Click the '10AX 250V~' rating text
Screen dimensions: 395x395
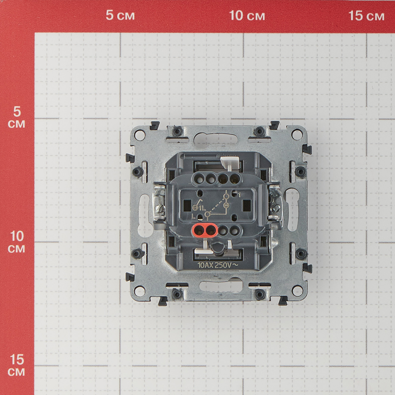[218, 265]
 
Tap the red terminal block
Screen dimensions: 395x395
[205, 230]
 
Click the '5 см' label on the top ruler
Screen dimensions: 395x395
[120, 15]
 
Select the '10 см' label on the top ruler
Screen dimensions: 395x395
[247, 15]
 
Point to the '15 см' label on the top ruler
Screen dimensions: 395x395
[366, 16]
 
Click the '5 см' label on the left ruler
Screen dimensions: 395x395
[16, 117]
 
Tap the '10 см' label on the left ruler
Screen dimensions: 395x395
[17, 242]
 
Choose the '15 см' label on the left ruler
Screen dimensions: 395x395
[17, 365]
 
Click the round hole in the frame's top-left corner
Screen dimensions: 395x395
[140, 135]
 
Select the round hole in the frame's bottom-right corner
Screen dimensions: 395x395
[297, 291]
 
